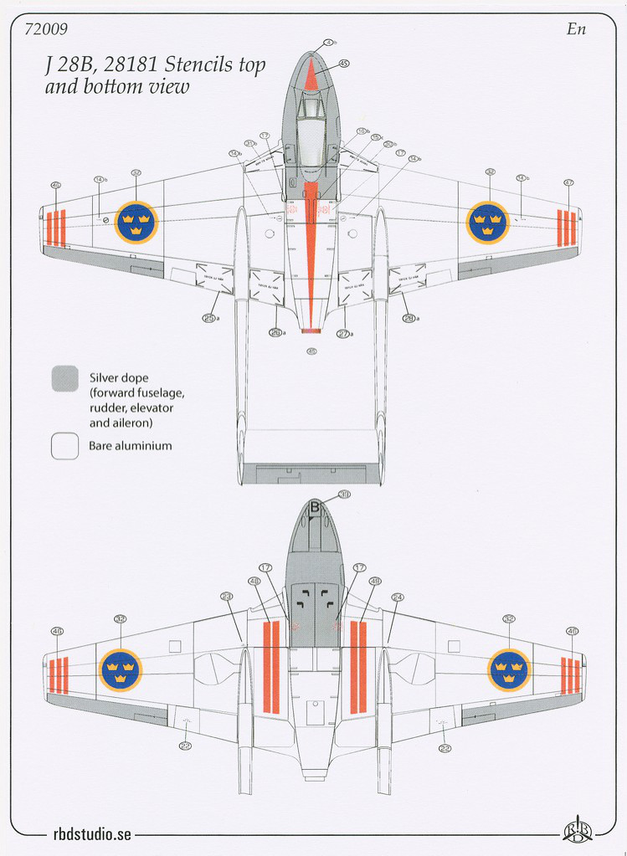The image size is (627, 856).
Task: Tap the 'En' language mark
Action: (575, 29)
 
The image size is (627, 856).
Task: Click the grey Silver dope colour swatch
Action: (64, 378)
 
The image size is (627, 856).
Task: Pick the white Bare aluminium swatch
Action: (64, 445)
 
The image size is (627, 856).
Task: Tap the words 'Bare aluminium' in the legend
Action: (130, 446)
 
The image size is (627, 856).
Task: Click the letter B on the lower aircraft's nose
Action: (316, 506)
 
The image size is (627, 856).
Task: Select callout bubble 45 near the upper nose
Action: (344, 64)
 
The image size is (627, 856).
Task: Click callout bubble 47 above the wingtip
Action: (569, 182)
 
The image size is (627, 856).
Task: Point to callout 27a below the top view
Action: (343, 333)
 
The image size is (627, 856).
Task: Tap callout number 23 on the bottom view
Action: (227, 597)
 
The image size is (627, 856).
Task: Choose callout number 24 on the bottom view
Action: (398, 597)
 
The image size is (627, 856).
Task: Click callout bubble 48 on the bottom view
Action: (254, 581)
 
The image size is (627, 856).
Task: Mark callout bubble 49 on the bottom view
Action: (374, 581)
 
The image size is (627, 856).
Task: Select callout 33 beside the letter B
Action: (344, 495)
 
